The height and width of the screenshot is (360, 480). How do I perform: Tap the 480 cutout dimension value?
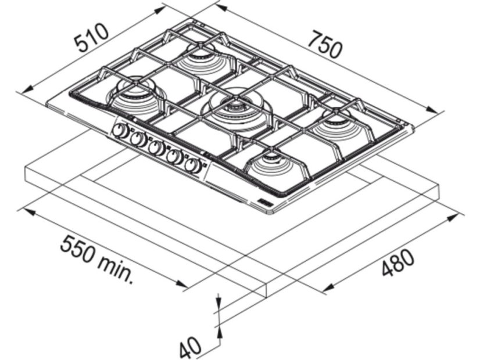(x=398, y=262)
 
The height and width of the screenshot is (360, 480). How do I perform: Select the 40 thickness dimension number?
(x=191, y=347)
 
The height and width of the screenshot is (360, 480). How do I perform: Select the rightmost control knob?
(x=193, y=166)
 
